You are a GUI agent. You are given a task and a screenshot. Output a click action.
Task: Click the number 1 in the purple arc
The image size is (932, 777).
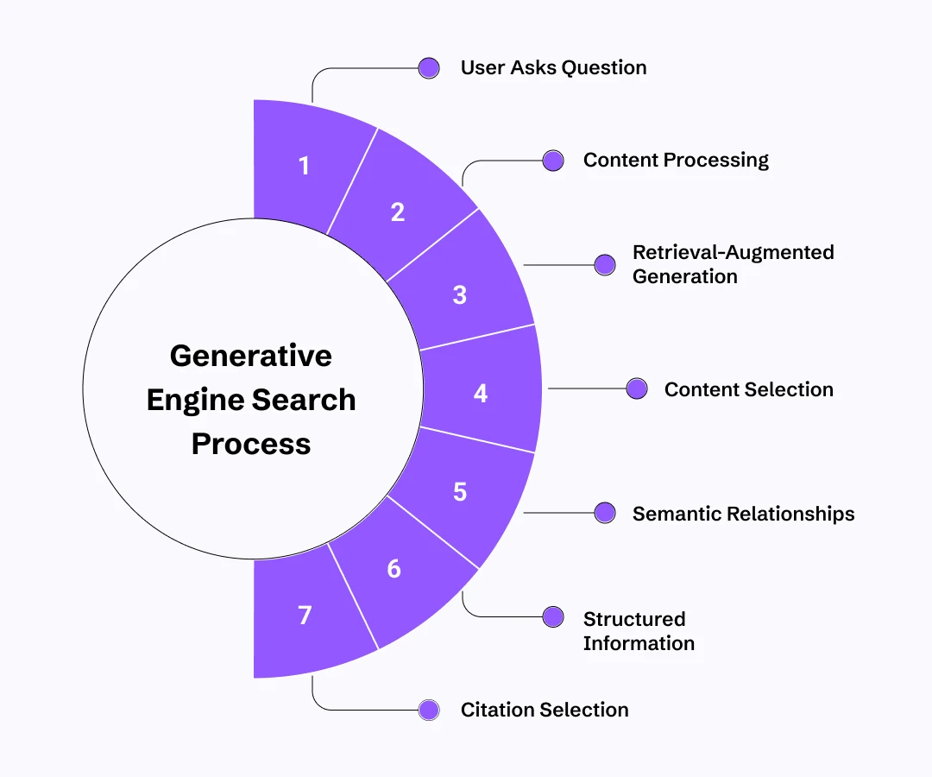(x=304, y=166)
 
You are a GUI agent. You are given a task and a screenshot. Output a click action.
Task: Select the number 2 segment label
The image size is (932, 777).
(x=397, y=212)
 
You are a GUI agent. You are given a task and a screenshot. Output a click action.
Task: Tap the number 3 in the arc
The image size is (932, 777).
(x=459, y=294)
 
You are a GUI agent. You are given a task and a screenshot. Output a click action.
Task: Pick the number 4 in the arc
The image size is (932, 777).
(x=481, y=394)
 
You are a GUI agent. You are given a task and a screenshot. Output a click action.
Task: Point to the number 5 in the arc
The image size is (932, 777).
(x=459, y=491)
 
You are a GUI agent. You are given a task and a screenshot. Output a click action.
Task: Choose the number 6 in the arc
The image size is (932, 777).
(x=394, y=569)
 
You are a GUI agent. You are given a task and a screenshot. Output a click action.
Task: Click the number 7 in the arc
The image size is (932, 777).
(x=304, y=616)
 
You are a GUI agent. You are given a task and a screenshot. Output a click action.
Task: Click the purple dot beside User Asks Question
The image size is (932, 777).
(x=429, y=68)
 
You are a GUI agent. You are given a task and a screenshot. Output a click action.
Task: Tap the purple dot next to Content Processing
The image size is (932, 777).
(x=553, y=161)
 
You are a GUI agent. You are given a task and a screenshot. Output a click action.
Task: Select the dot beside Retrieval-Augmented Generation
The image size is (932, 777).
(x=605, y=265)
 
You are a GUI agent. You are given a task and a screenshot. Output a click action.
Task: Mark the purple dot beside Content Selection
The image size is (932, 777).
(x=637, y=389)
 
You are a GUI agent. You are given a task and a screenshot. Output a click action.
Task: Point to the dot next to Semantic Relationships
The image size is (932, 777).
(x=605, y=514)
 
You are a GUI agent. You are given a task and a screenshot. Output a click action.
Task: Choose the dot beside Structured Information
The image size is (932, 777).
(x=553, y=616)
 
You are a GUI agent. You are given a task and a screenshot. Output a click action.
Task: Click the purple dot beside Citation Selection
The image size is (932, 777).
(x=429, y=711)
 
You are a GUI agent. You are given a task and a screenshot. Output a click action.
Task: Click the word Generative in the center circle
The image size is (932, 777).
(x=250, y=356)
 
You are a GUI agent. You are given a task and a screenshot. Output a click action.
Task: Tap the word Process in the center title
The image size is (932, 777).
(x=251, y=444)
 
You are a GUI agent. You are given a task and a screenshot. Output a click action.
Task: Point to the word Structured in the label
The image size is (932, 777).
(x=634, y=619)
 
